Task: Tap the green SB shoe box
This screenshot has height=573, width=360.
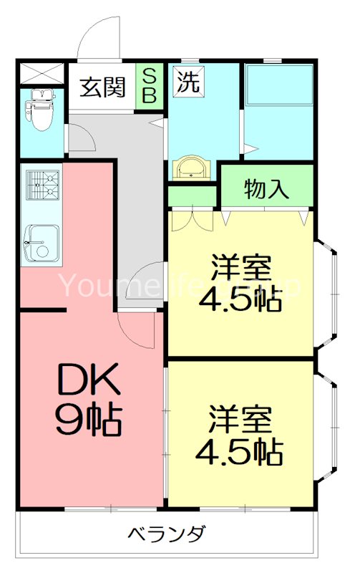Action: tap(150, 87)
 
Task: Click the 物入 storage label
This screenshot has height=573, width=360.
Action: tap(266, 189)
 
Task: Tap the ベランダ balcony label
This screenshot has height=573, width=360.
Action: tap(167, 534)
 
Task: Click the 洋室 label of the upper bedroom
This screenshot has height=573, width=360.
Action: tap(241, 268)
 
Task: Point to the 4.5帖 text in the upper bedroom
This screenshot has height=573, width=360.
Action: tap(240, 301)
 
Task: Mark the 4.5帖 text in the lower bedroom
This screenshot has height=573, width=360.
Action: tap(240, 452)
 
